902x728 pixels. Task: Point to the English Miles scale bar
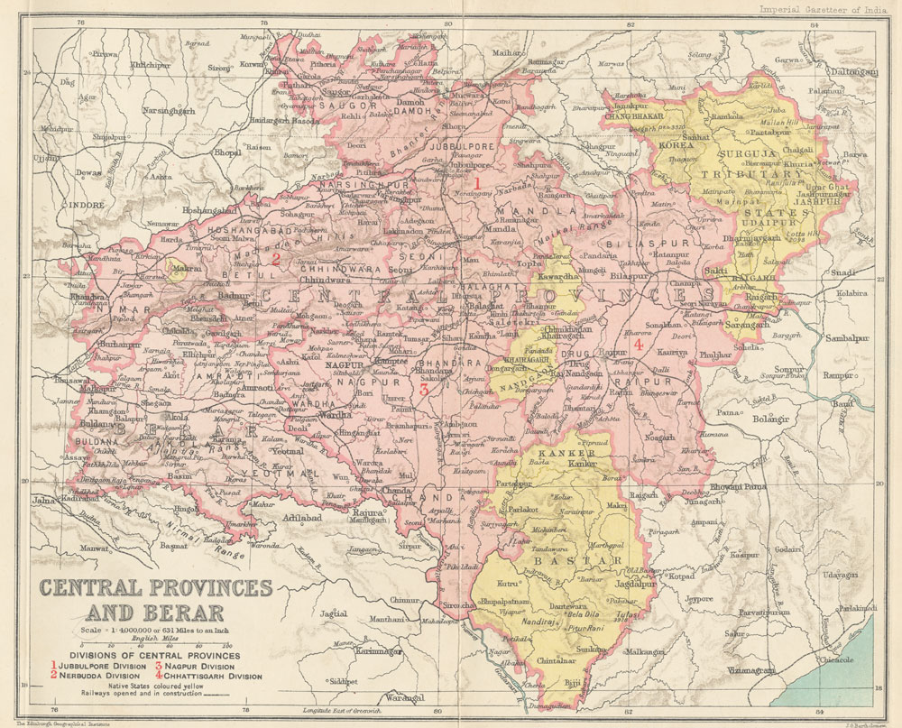152,647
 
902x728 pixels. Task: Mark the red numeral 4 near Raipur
638,345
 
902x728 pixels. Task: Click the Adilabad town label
305,520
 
